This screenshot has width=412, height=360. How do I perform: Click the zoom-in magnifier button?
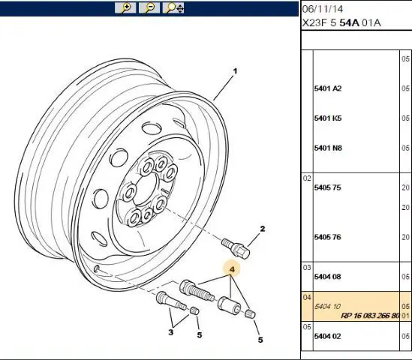pos(125,7)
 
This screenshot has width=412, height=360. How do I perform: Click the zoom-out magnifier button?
pos(149,7)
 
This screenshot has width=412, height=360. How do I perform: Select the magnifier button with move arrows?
pos(173,7)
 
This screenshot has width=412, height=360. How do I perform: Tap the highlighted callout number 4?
pos(232,269)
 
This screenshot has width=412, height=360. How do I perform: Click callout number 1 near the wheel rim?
pos(235,71)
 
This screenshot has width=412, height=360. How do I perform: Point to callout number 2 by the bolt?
pos(262,229)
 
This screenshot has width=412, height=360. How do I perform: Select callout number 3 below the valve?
pos(171,332)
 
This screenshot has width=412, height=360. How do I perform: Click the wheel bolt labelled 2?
pos(236,247)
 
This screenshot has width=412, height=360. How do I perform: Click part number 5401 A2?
pos(328,88)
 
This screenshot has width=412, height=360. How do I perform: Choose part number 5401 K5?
pos(328,118)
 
